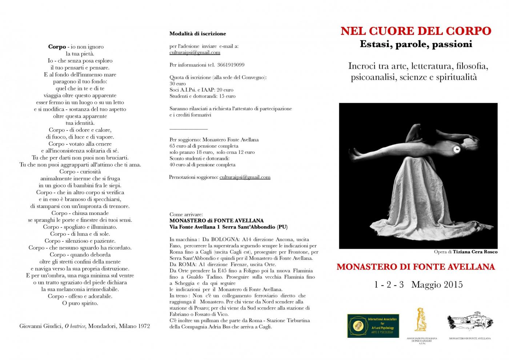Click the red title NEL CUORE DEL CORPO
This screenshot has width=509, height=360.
(x=416, y=31)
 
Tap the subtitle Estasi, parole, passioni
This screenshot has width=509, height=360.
(x=416, y=44)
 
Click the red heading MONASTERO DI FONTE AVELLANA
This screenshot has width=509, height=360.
(x=416, y=267)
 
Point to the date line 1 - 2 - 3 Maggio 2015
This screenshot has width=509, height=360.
(x=418, y=284)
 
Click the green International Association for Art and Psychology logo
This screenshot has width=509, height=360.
(x=373, y=326)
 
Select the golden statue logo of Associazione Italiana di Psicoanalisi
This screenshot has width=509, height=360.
(x=421, y=320)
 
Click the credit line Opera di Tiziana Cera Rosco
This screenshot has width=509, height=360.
(x=465, y=252)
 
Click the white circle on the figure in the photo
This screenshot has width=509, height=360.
(x=457, y=149)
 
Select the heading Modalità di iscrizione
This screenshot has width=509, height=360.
(x=197, y=34)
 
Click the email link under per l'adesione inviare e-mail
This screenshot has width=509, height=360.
(x=195, y=52)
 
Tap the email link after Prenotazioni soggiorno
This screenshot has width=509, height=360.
(x=245, y=177)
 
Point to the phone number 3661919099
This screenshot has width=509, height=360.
(x=231, y=65)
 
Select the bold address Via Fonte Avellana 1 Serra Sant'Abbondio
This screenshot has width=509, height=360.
(x=228, y=227)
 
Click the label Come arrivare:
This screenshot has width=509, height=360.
(x=186, y=215)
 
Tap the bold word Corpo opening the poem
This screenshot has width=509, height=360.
(x=57, y=47)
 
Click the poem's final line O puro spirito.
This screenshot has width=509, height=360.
(x=80, y=303)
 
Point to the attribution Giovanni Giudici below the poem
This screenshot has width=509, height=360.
(x=84, y=326)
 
